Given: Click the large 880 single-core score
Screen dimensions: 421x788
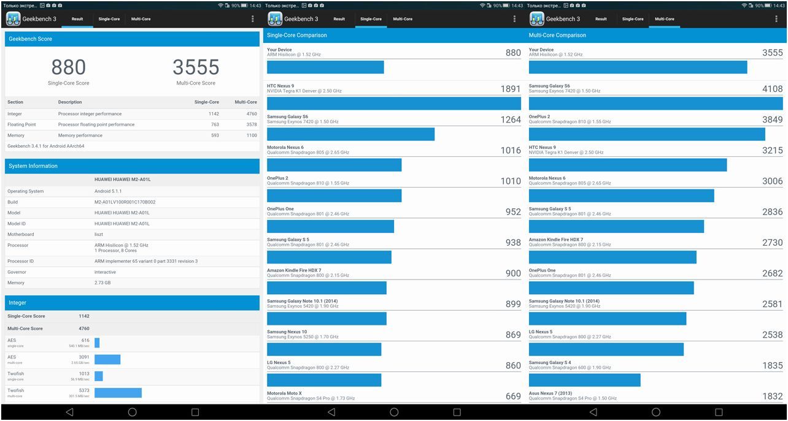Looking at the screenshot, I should pos(68,67).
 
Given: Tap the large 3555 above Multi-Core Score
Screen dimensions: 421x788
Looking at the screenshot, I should pos(195,67).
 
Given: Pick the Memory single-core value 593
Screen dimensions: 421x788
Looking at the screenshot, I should pos(214,135).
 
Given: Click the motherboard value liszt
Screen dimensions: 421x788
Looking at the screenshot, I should pos(99,234).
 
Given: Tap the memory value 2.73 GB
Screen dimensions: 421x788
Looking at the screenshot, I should pos(102,283).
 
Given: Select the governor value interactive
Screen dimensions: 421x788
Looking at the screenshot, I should pos(105,272).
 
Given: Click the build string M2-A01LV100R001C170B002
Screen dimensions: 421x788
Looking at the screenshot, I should pos(125,202).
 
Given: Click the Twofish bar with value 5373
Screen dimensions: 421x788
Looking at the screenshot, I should pos(118,393).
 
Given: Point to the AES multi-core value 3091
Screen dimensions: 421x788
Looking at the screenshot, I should pos(83,357).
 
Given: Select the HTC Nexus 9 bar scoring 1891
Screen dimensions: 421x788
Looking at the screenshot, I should pos(393,104).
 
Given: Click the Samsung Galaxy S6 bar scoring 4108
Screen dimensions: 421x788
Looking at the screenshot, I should pos(655,104).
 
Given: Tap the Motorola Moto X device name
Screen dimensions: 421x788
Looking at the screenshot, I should pos(284,393).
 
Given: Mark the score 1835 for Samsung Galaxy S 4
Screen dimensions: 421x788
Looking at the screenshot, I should pos(772,365).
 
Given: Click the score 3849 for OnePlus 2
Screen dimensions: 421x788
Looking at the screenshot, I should pos(772,119).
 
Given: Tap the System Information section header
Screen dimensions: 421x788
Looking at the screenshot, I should pos(33,166).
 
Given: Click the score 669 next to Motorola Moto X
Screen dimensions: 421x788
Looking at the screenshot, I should pos(513,396).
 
